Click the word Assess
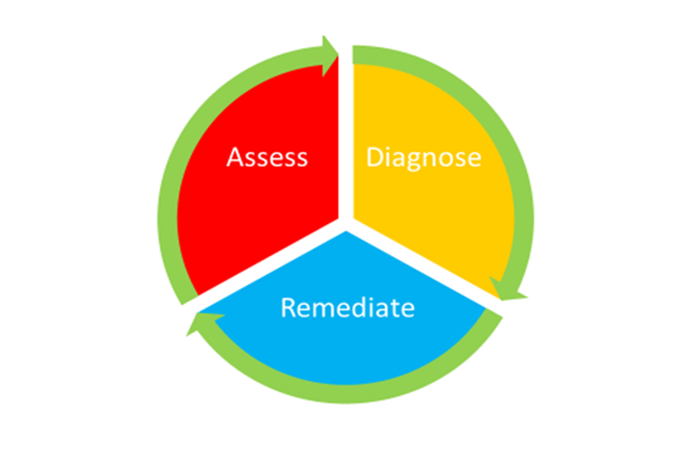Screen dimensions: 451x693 (267, 158)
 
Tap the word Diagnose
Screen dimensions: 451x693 (423, 158)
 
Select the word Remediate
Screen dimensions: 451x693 (347, 308)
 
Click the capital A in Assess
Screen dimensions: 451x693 (236, 158)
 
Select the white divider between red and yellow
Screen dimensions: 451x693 (346, 135)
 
